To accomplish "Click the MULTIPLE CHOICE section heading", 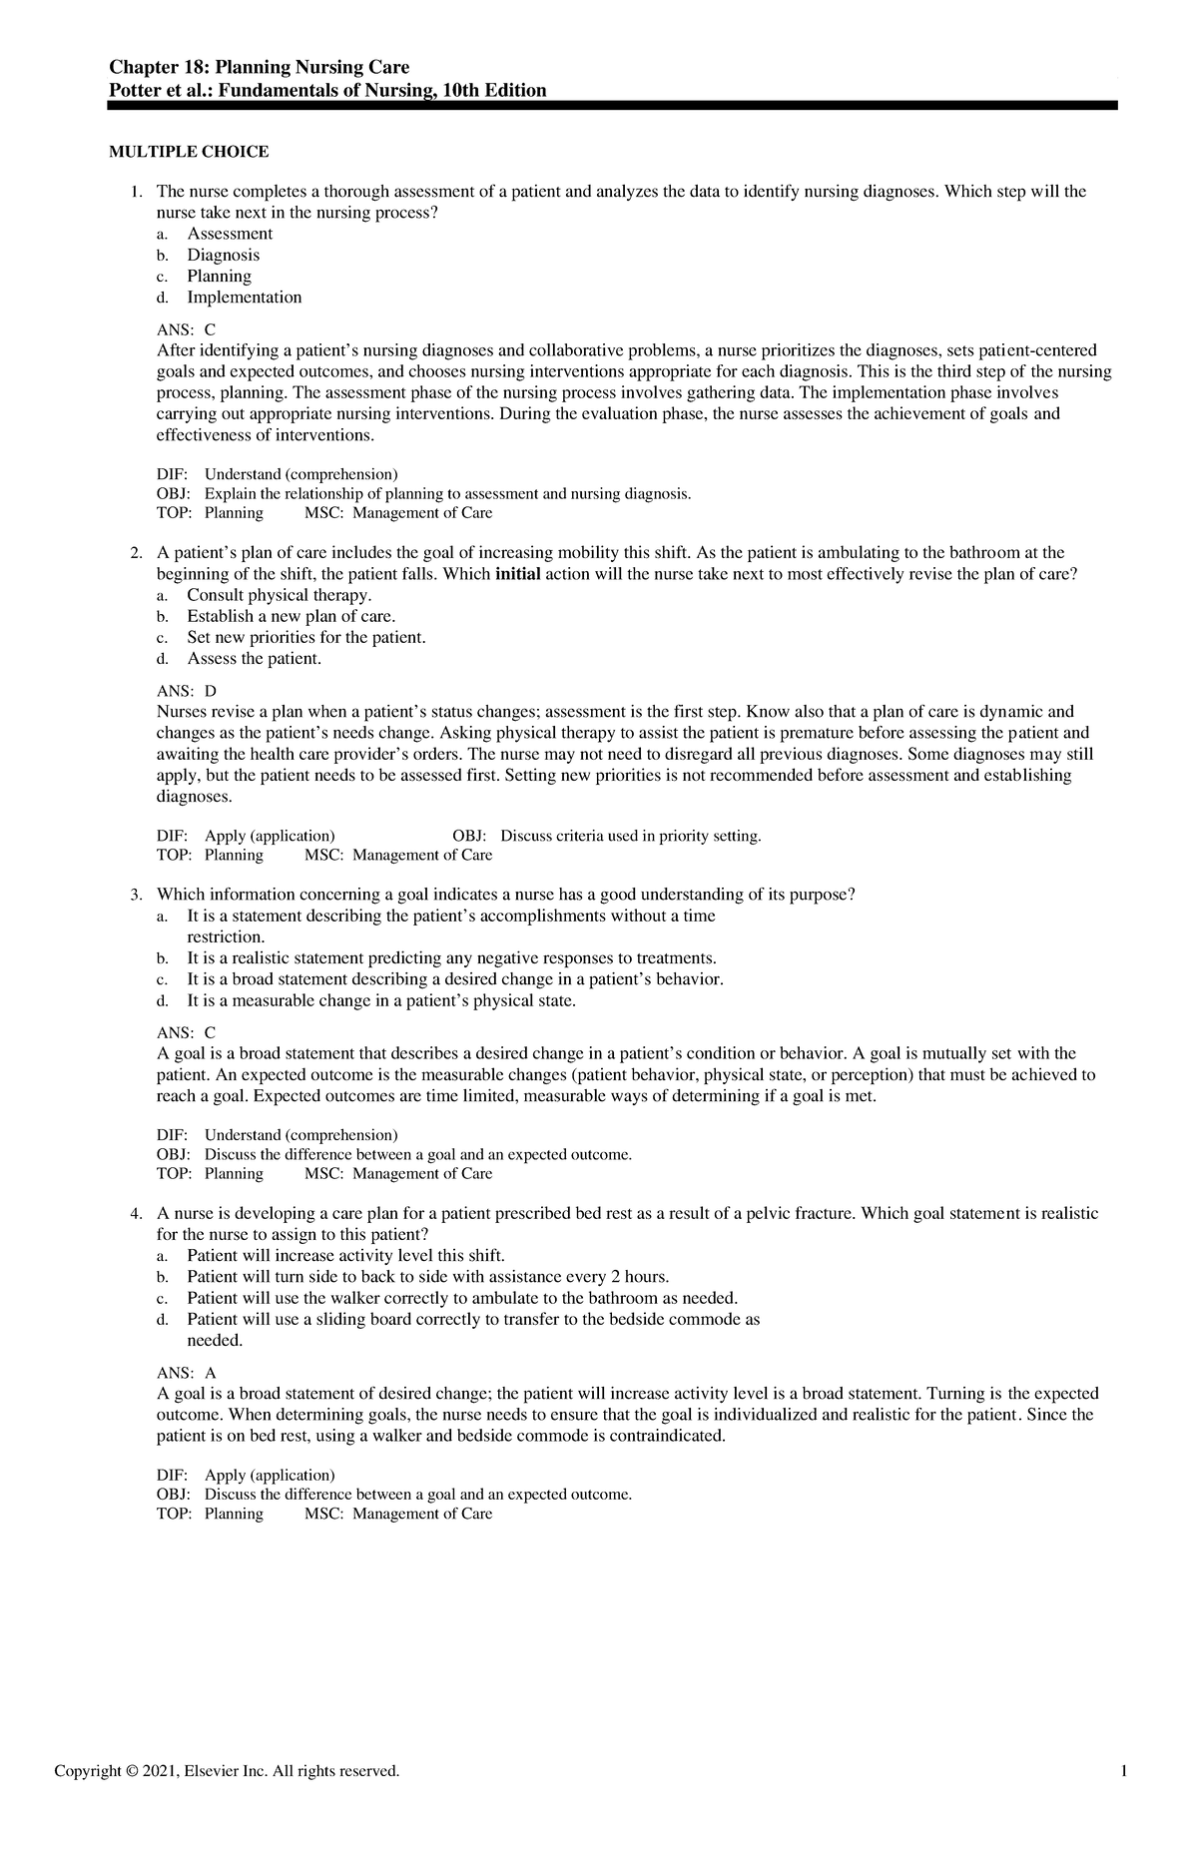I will [x=188, y=152].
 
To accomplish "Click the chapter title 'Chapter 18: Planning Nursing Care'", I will [x=260, y=68].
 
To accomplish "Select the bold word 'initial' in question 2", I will [x=517, y=574].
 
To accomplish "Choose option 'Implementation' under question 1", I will [x=244, y=298].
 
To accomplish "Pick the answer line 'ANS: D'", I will [x=187, y=691].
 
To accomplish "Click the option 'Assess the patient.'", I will [x=254, y=659].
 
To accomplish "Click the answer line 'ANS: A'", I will [x=187, y=1373].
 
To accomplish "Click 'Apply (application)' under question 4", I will [x=270, y=1475].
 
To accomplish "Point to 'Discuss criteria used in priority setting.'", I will [x=630, y=836].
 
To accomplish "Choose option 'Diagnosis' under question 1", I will [x=223, y=255].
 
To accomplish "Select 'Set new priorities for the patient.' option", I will [x=305, y=638].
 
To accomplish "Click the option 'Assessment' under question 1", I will [x=229, y=234].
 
